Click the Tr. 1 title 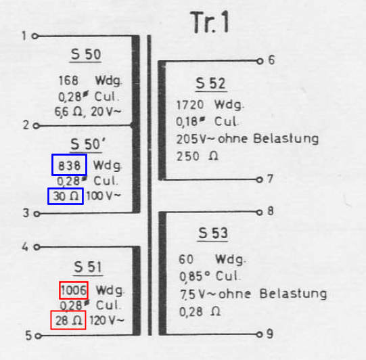tap(209, 22)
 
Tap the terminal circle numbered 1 tap(35, 36)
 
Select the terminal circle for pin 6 tap(260, 61)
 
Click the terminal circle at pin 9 tap(259, 334)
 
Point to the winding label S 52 tap(210, 83)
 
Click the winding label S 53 tap(212, 233)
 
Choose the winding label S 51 tap(88, 267)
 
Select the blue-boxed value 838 tap(69, 166)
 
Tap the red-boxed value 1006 tap(74, 290)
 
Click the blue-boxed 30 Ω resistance tap(66, 196)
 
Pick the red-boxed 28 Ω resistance tap(68, 320)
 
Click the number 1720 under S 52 tap(190, 105)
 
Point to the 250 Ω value tap(198, 156)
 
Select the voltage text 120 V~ tap(107, 321)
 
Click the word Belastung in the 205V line tap(285, 139)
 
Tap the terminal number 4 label tap(25, 246)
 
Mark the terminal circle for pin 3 tap(37, 214)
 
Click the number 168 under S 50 tap(68, 81)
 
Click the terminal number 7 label tap(270, 179)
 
